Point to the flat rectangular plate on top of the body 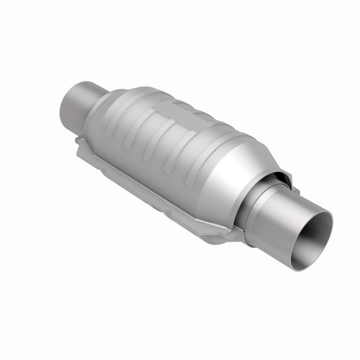[x=169, y=108]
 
